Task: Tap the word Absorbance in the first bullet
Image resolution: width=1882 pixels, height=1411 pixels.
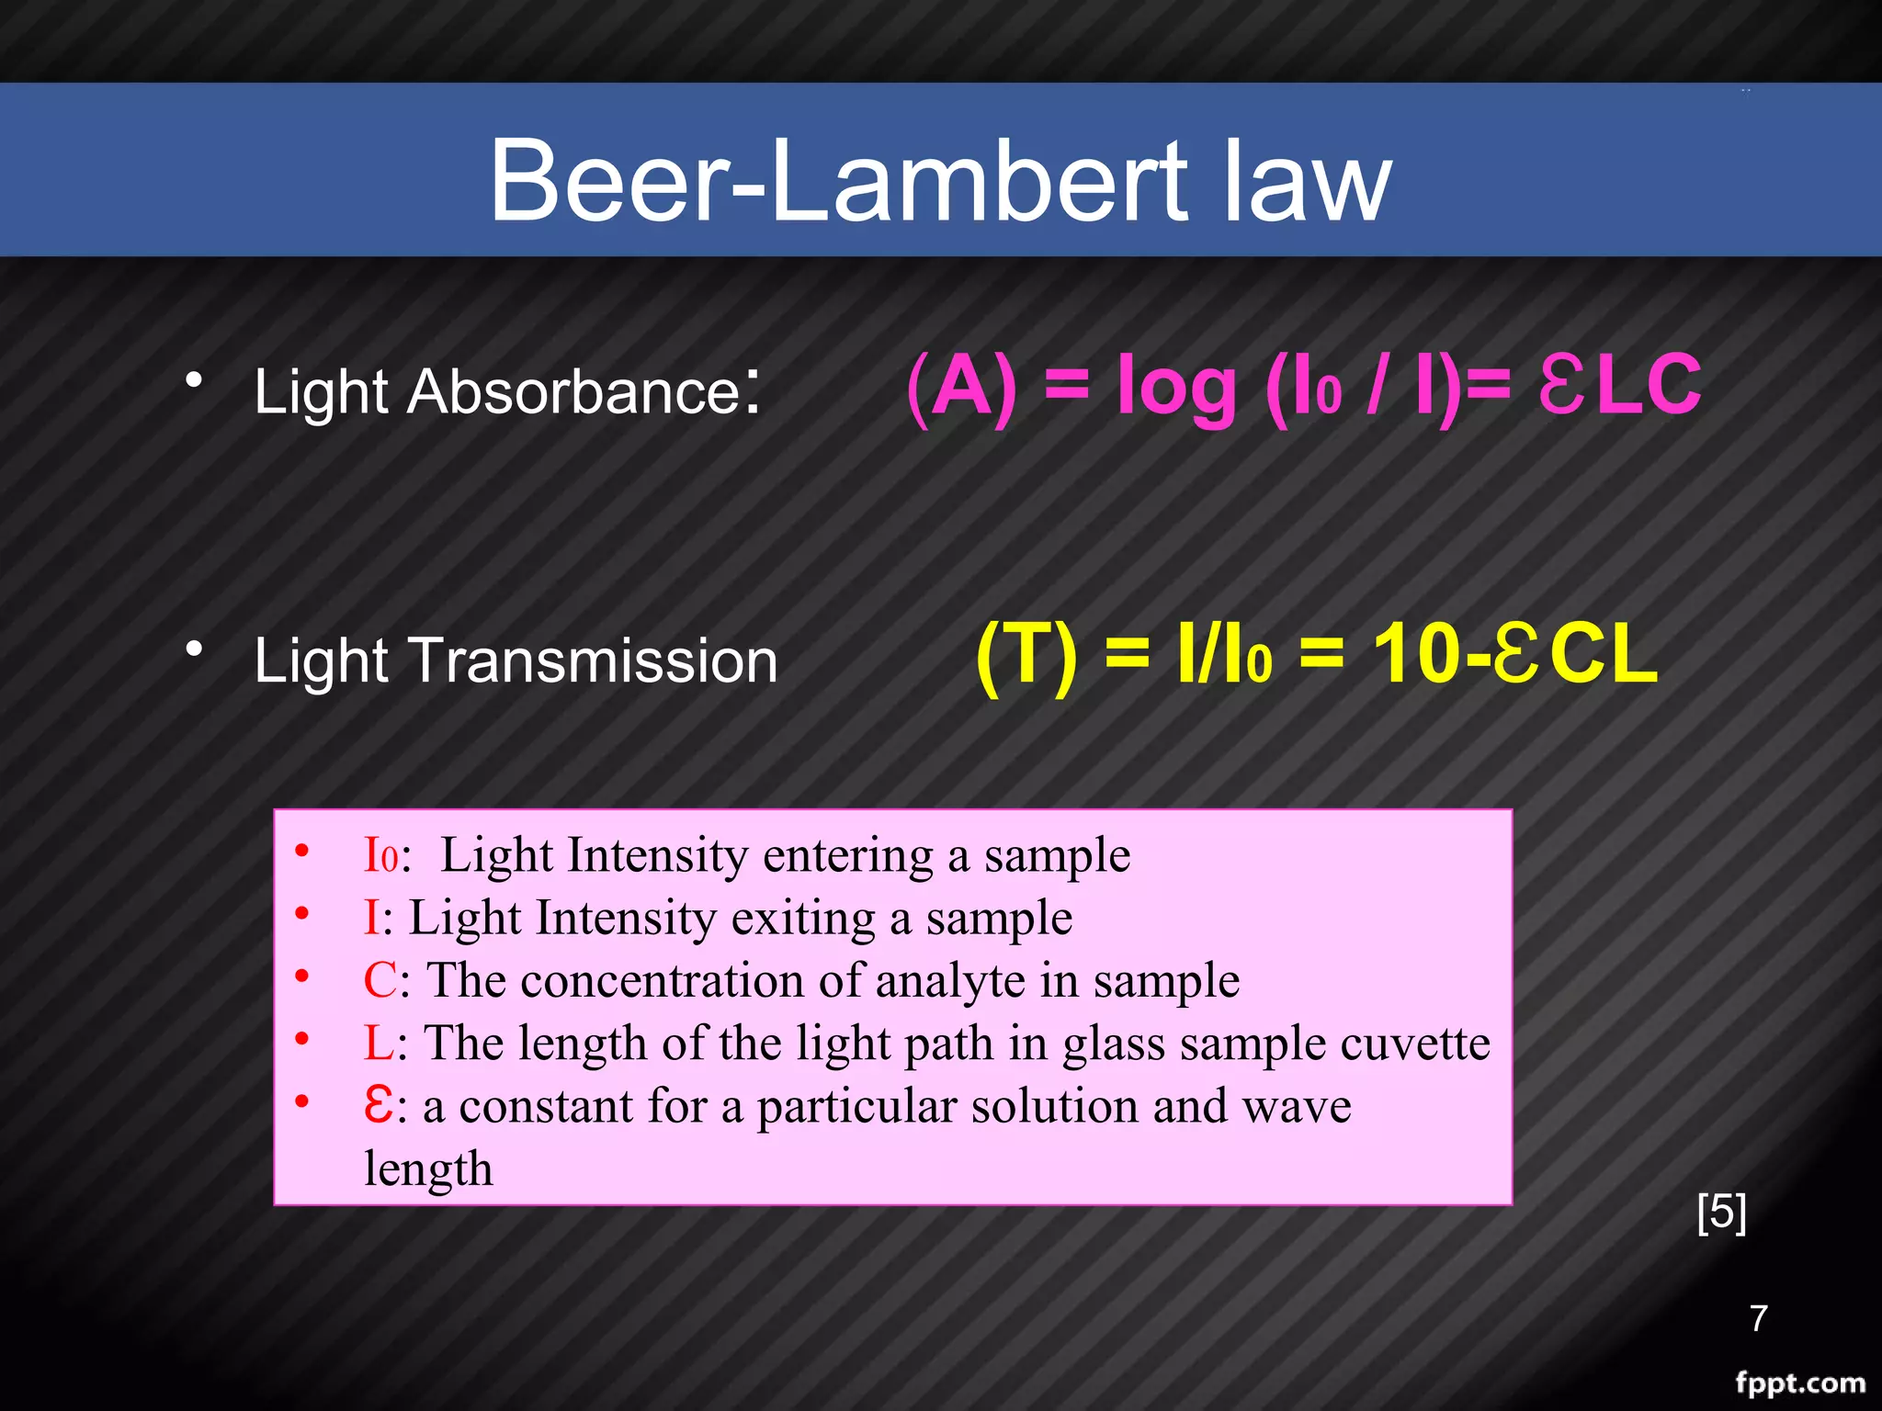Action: [x=573, y=392]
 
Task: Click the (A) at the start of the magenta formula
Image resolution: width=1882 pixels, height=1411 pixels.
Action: [x=961, y=387]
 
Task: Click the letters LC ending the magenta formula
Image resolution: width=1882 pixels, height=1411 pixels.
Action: [x=1650, y=385]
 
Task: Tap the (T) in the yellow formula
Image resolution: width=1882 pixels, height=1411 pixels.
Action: [x=1026, y=655]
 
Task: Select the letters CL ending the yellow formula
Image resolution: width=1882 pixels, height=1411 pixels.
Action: [x=1604, y=654]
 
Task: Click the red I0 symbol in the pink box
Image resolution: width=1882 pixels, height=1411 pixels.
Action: [x=380, y=855]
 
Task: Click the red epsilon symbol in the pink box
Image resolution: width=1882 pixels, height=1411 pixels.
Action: [x=379, y=1104]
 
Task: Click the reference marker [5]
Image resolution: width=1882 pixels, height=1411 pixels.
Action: [x=1721, y=1212]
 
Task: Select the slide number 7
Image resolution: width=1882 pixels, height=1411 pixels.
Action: [x=1759, y=1318]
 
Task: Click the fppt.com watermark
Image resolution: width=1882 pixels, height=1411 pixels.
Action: [x=1800, y=1383]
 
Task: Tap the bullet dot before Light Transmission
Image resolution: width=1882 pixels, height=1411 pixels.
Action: [x=194, y=649]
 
